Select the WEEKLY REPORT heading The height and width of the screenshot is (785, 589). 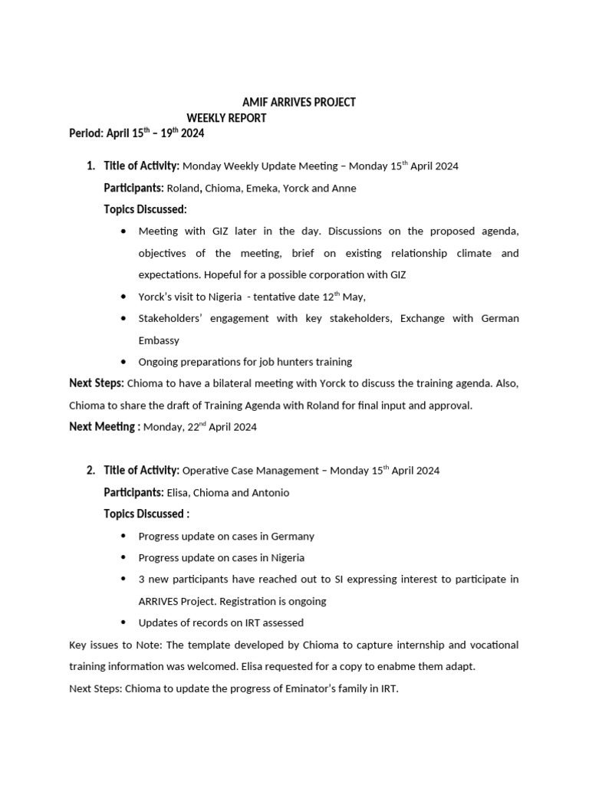tap(227, 118)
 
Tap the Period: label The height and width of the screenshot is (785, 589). tap(86, 133)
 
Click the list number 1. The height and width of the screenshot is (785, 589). tap(90, 166)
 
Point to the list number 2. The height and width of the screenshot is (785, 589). tap(90, 470)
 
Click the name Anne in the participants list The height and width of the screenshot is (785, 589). tap(344, 188)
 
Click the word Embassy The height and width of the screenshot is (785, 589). tap(160, 340)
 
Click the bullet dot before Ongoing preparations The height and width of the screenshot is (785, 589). tap(124, 362)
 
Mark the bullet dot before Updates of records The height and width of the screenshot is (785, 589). tap(124, 622)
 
